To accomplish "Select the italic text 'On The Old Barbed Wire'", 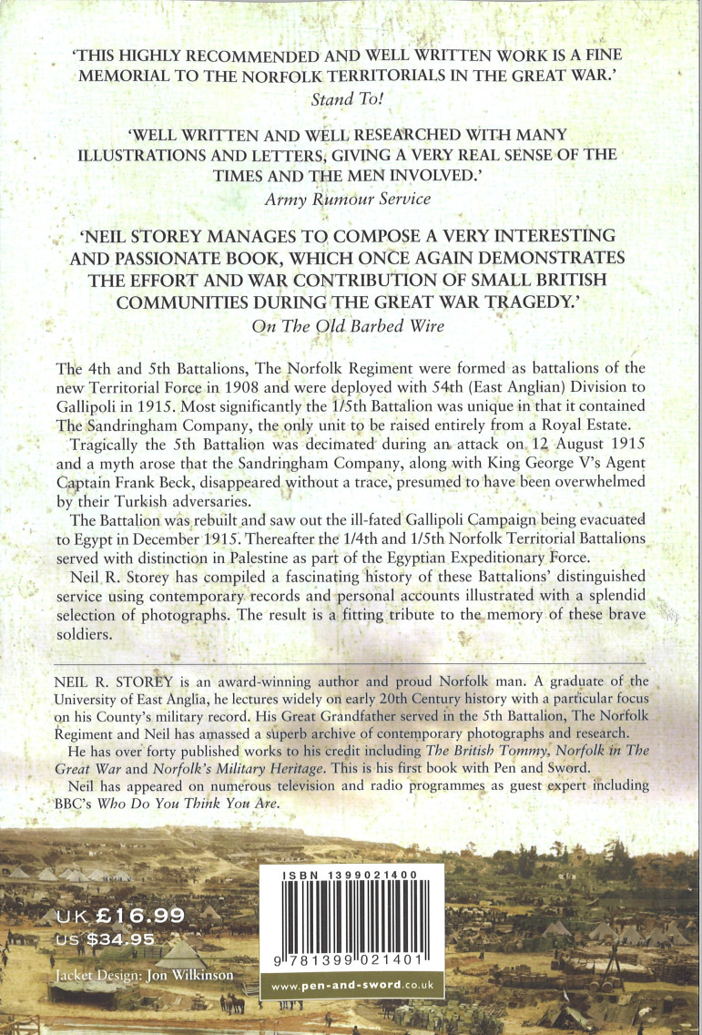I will click(x=351, y=324).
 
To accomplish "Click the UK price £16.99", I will click(x=121, y=917).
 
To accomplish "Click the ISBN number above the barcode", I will click(x=351, y=874).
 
